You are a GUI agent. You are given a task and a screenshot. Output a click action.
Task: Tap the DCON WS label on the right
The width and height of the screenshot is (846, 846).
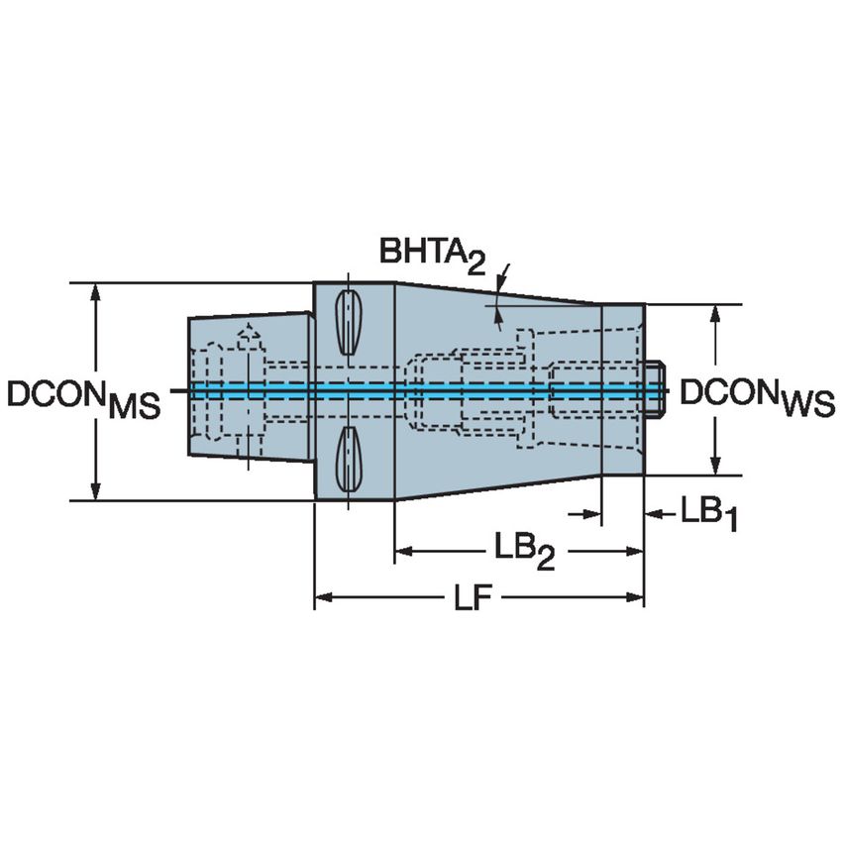(x=757, y=397)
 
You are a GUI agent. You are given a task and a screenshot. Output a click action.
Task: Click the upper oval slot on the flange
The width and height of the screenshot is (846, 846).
(x=349, y=323)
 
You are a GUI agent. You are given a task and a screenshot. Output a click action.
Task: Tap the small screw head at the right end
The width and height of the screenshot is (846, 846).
(x=656, y=388)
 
